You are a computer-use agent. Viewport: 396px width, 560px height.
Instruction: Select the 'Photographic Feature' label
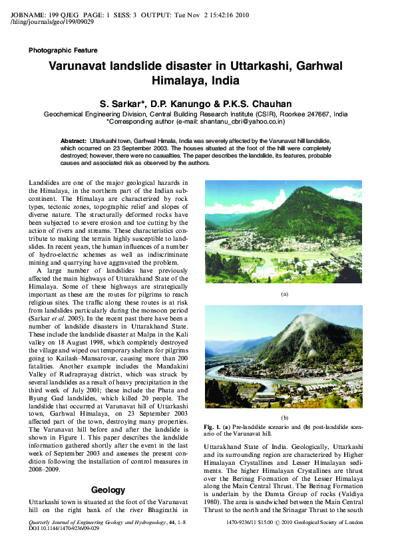[63, 51]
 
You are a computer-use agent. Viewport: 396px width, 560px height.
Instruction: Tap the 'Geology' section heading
[108, 471]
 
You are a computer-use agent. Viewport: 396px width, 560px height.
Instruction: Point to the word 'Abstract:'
[74, 142]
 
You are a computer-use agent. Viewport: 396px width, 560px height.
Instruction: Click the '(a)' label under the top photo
[284, 293]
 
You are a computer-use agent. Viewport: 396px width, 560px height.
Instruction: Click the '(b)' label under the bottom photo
[284, 416]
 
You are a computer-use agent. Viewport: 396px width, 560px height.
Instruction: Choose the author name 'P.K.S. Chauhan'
[266, 104]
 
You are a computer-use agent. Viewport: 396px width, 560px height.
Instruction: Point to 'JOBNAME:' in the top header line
[27, 15]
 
